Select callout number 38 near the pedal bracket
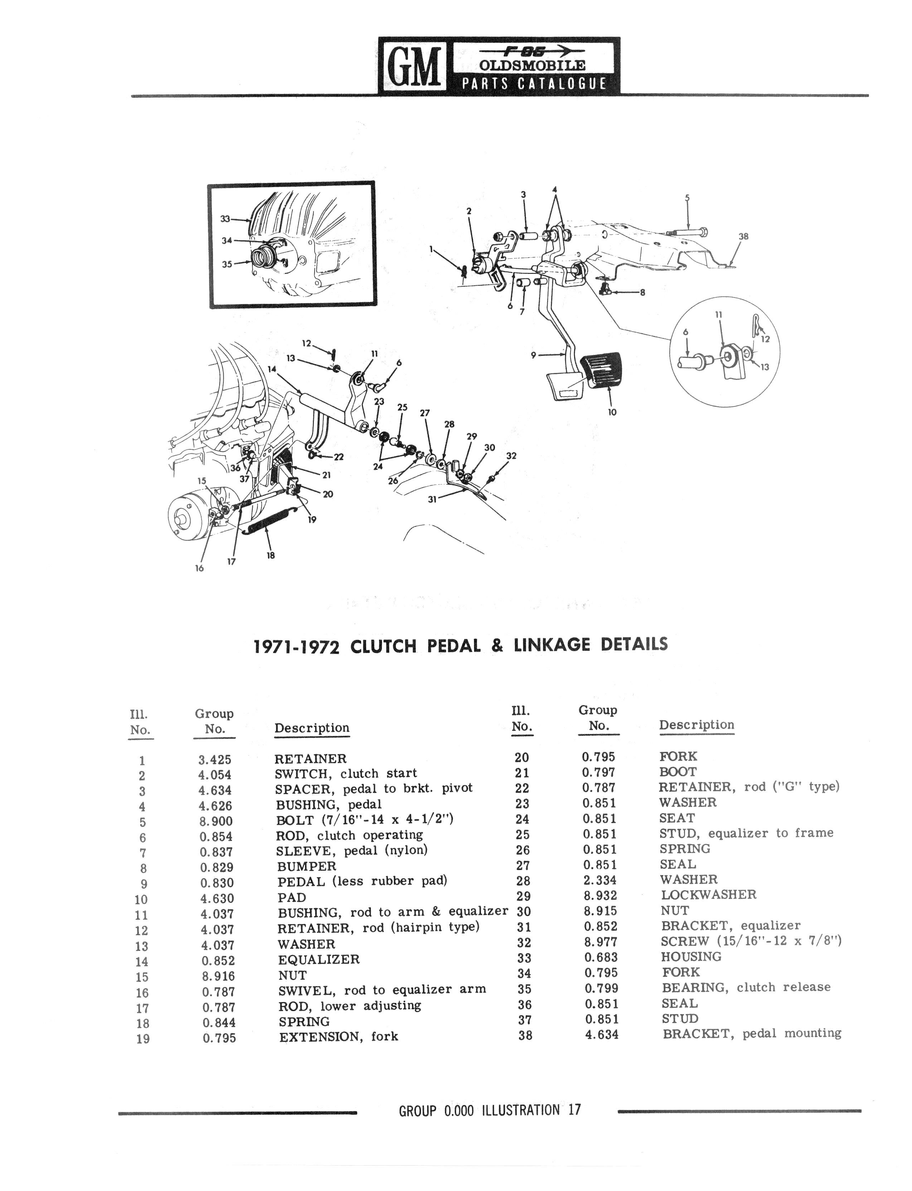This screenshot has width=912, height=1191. [x=743, y=237]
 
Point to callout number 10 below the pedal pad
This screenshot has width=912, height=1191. [x=612, y=412]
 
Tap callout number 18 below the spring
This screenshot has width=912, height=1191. [x=270, y=555]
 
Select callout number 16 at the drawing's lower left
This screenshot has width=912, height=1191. [x=199, y=568]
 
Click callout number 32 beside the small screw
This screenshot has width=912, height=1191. [x=511, y=456]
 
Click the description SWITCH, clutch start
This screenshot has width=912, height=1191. [x=346, y=774]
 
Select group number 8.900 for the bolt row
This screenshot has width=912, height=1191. [x=216, y=821]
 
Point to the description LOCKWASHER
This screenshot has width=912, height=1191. [x=708, y=895]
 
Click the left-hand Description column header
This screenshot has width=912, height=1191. [x=312, y=728]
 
